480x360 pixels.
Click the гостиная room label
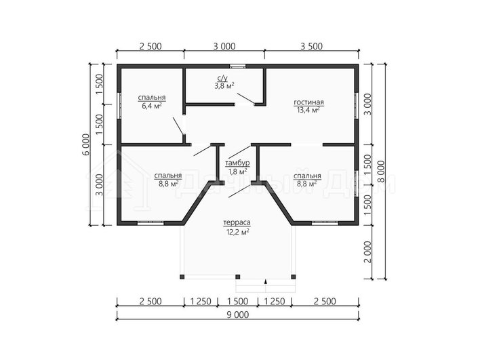(x=308, y=102)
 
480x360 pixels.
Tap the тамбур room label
(x=237, y=163)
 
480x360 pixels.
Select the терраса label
(x=237, y=222)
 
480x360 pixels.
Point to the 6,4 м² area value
(x=152, y=106)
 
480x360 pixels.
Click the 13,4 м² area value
(x=308, y=110)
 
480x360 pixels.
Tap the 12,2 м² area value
(x=237, y=232)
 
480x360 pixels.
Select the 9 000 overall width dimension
(x=238, y=315)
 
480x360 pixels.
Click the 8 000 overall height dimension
(x=381, y=172)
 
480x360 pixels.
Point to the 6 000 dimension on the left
(x=86, y=144)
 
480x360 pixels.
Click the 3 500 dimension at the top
(x=311, y=46)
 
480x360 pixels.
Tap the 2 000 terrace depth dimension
(x=367, y=252)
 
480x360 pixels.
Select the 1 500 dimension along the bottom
(x=237, y=301)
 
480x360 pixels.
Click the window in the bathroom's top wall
(x=238, y=66)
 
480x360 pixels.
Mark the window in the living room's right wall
(x=357, y=105)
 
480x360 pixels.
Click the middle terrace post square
(x=237, y=277)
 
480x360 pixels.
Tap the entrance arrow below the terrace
(x=265, y=282)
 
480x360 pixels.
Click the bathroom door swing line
(x=245, y=98)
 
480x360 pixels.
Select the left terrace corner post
(x=182, y=277)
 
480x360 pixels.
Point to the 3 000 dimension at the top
(x=224, y=46)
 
